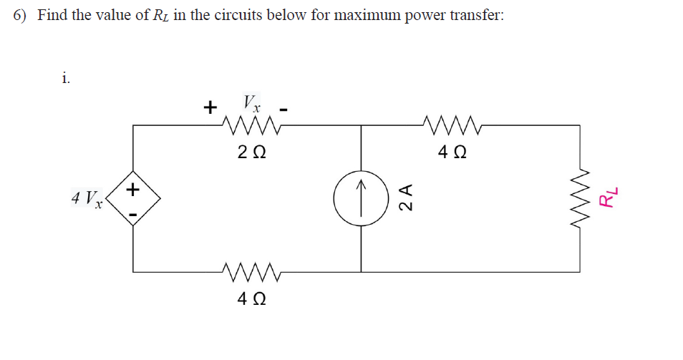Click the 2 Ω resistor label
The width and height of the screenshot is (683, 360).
click(x=251, y=152)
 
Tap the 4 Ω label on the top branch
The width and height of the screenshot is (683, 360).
click(x=450, y=152)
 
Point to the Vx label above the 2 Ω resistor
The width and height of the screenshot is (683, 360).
click(x=251, y=102)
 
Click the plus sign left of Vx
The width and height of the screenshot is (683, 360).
click(x=210, y=108)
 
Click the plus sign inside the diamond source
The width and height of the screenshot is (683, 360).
click(x=133, y=190)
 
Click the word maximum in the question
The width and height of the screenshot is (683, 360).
click(x=346, y=16)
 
